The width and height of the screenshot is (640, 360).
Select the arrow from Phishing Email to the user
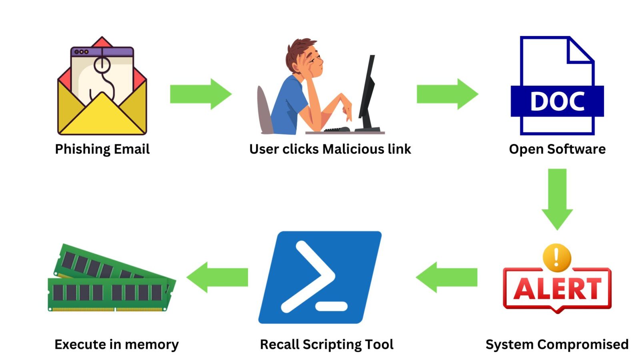[x=200, y=94]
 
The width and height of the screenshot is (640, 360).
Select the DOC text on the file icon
[x=557, y=101]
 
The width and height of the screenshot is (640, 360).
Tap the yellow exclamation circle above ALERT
[x=556, y=257]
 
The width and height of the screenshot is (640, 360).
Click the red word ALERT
[x=557, y=289]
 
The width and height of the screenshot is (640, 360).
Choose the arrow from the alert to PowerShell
[x=447, y=277]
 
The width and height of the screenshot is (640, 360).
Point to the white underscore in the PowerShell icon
[x=331, y=307]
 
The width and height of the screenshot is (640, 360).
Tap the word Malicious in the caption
[x=348, y=149]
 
